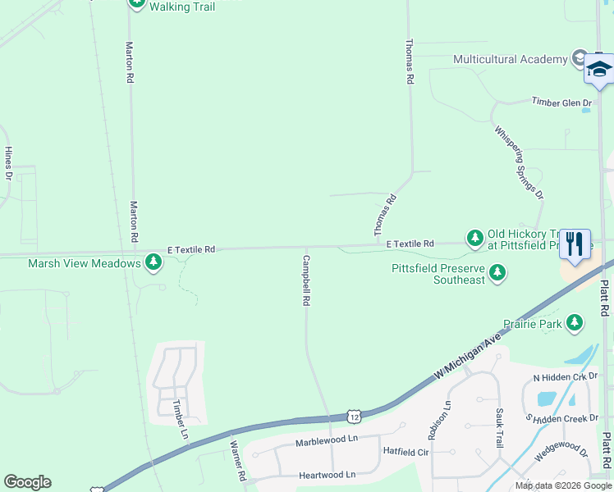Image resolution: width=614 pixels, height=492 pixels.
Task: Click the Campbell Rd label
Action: pos(305,280)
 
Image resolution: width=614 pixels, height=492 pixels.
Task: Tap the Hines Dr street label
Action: pos(9,163)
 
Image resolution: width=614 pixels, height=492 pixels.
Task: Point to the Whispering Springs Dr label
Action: pos(519,162)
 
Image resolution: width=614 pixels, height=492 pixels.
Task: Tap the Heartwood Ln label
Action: pos(327,475)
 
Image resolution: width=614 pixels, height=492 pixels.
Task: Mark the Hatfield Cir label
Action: pos(406,452)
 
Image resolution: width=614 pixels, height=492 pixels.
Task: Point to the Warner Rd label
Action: pos(237,461)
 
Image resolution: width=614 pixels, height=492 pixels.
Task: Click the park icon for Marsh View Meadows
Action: pos(153,262)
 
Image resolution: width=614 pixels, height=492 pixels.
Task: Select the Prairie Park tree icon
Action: pos(575,323)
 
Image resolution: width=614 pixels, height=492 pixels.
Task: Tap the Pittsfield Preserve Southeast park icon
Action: pos(497,272)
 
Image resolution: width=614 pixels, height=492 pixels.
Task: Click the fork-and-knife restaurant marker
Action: pos(575,244)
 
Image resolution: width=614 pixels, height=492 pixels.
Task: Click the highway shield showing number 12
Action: pos(353,417)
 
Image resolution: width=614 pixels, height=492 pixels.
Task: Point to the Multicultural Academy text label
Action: pos(510,59)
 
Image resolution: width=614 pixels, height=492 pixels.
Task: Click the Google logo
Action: pos(27,482)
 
